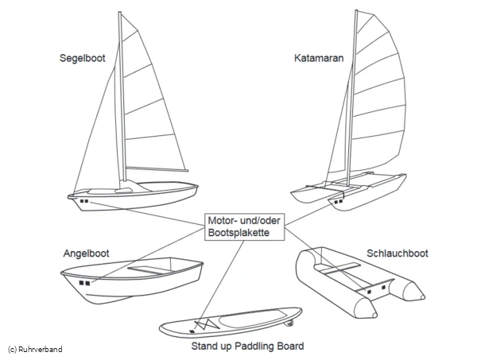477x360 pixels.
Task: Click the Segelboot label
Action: (x=83, y=58)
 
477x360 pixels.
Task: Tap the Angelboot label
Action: (x=86, y=254)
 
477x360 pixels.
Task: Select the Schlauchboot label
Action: (x=397, y=254)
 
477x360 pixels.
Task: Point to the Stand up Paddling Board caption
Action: (x=247, y=346)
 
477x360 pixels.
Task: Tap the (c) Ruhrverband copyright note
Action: (x=35, y=350)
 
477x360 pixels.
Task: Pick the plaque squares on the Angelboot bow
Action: (x=84, y=282)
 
